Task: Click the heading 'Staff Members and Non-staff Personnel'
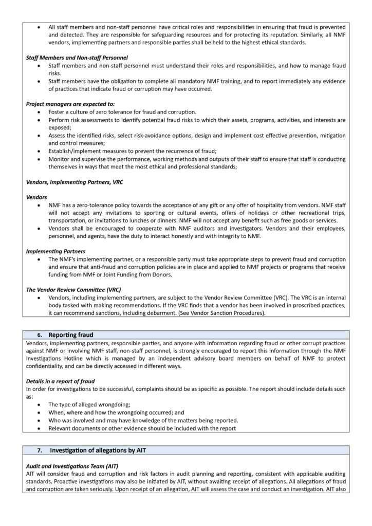[77, 58]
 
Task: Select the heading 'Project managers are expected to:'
[70, 104]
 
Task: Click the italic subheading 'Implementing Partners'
[55, 251]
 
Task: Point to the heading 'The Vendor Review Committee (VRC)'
[73, 290]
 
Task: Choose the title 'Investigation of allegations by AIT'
[97, 450]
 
